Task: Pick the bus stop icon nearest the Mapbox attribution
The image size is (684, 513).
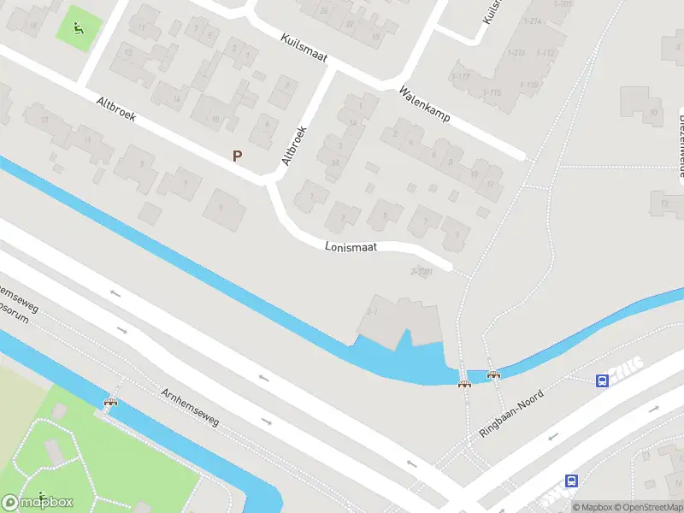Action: [x=571, y=481]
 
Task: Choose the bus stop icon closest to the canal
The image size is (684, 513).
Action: [x=603, y=380]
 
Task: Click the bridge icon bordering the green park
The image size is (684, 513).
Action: [x=110, y=402]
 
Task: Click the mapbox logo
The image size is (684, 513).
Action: [x=38, y=502]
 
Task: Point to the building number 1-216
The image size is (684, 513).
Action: [x=516, y=52]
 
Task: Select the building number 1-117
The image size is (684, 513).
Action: [x=461, y=78]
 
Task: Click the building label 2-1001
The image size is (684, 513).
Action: [x=422, y=271]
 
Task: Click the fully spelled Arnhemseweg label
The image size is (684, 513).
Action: [x=190, y=406]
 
